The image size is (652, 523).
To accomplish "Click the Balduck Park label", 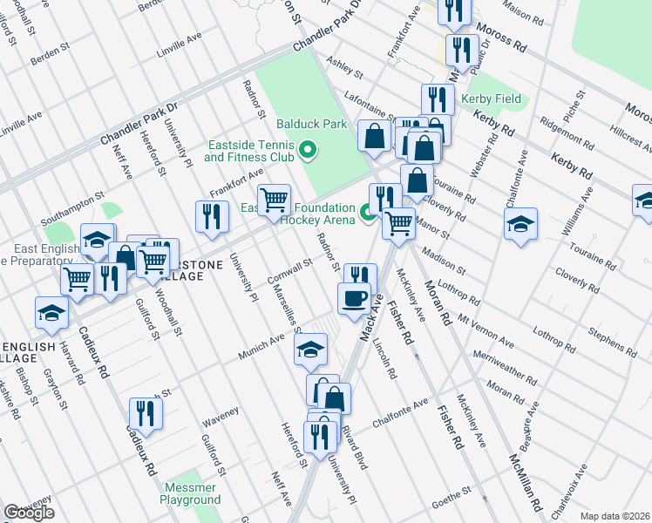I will click(299, 124).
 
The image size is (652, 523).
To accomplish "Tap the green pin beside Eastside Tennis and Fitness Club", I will click(306, 151).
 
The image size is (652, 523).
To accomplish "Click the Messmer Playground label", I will click(190, 494).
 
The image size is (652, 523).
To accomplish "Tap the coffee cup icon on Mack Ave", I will click(354, 299).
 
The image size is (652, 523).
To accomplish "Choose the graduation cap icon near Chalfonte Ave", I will click(520, 223).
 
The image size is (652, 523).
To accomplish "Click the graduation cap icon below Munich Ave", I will click(309, 350).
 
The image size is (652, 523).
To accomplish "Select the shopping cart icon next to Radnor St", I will click(274, 200).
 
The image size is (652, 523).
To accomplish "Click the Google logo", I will click(29, 513).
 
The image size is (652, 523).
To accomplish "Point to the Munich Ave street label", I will click(264, 345).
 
